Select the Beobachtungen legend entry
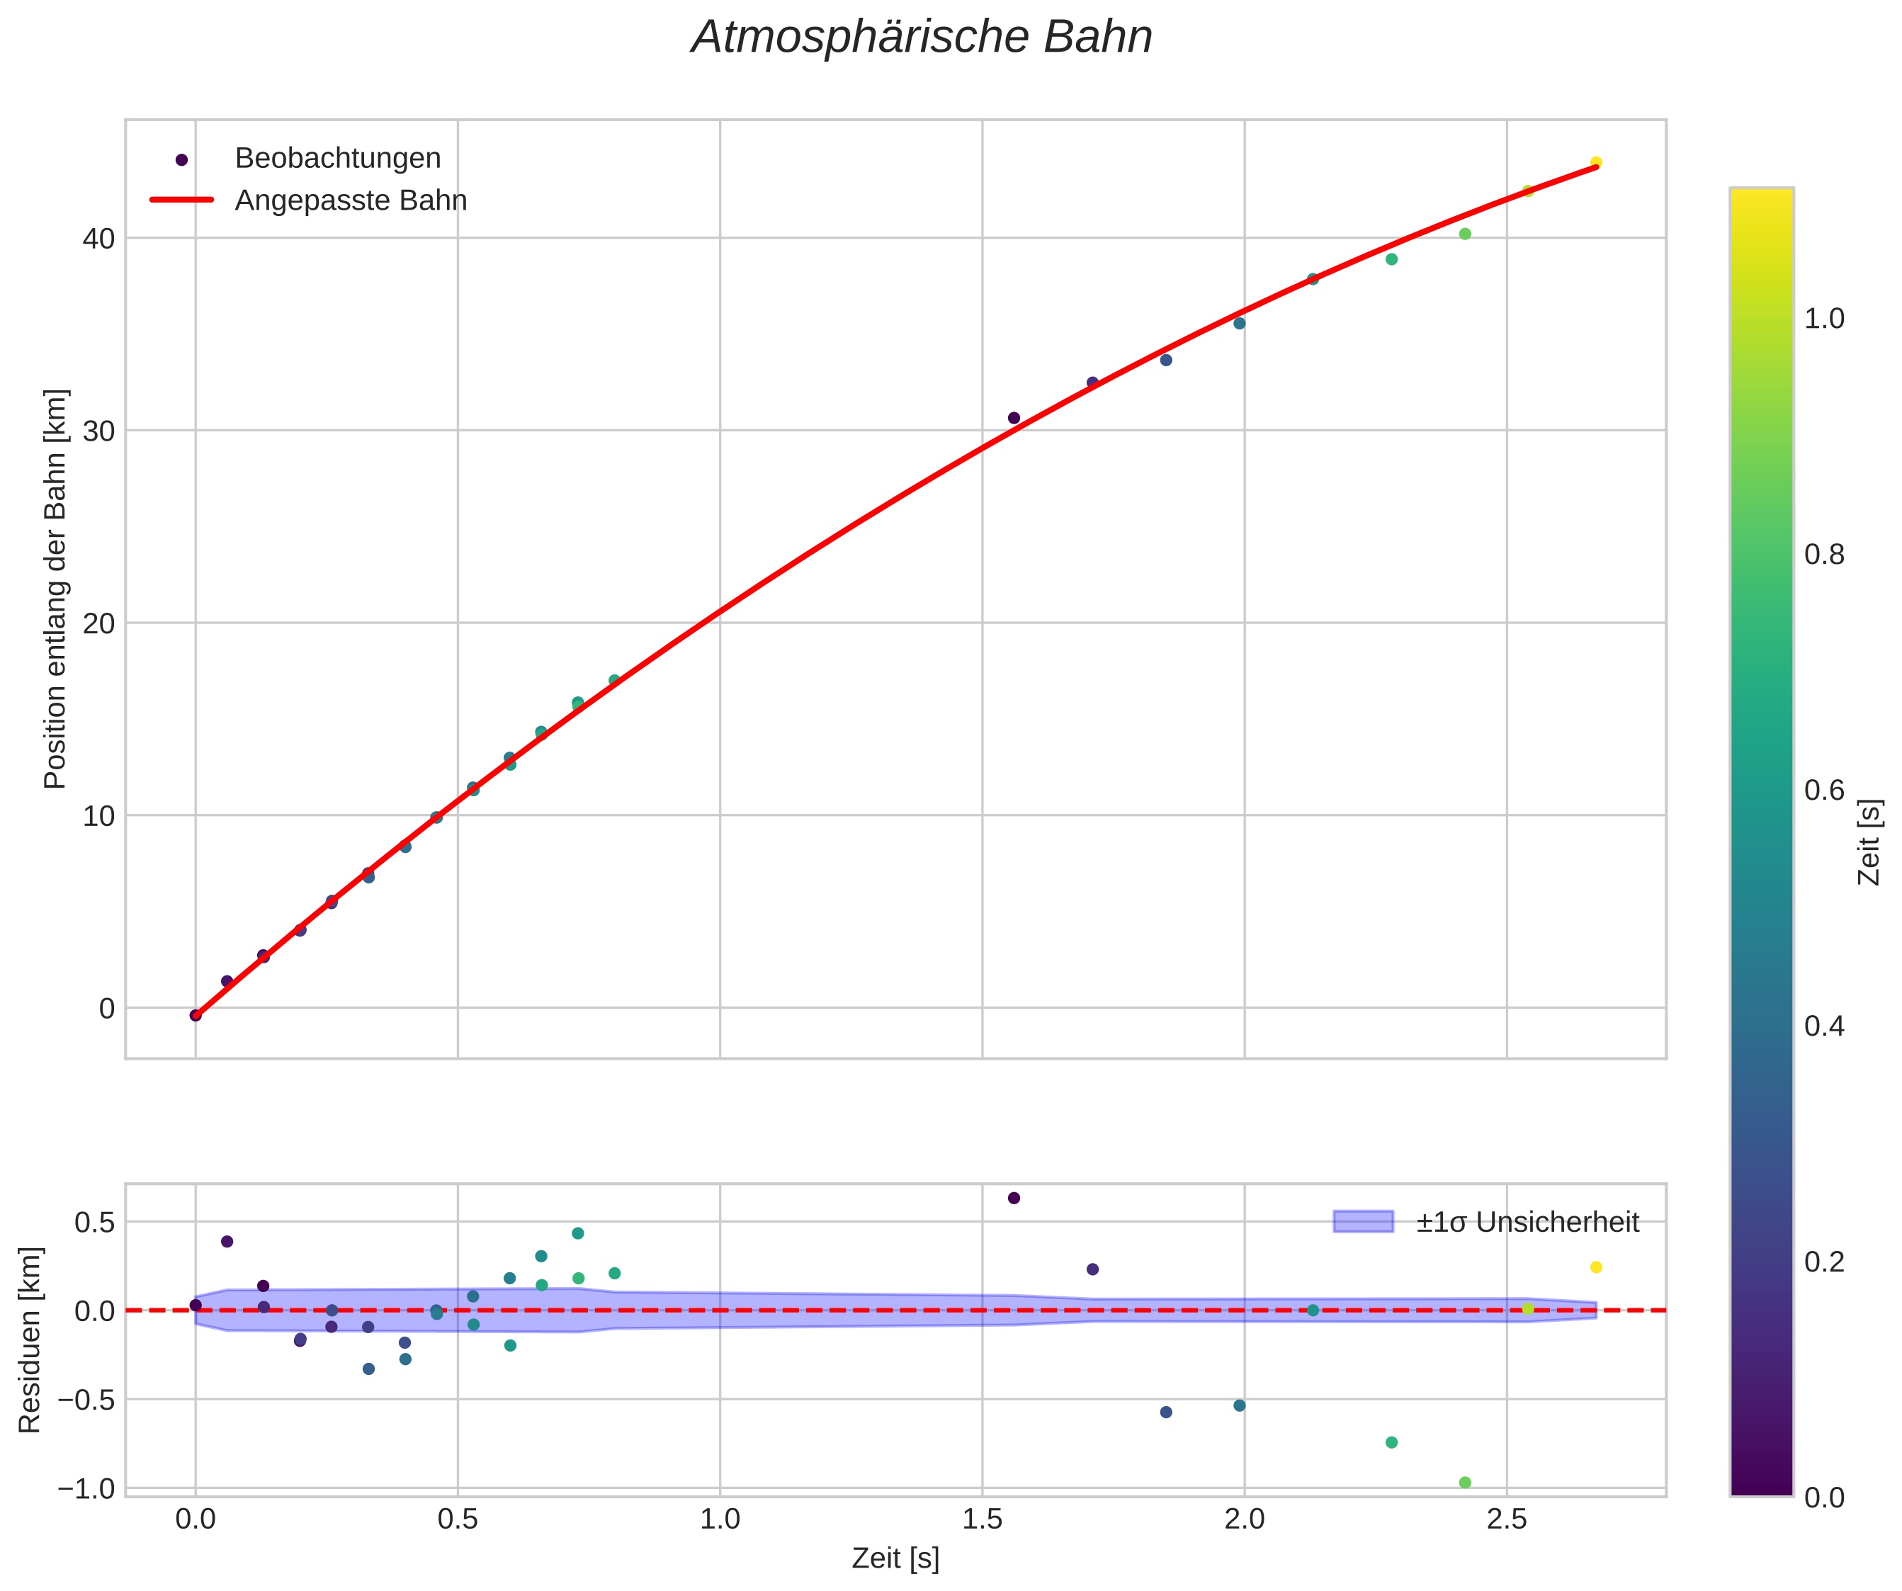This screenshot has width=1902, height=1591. [337, 159]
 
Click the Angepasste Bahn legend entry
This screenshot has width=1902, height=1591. [351, 200]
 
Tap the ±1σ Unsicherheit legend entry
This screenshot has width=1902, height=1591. [1527, 1223]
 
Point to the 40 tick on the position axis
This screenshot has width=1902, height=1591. [100, 239]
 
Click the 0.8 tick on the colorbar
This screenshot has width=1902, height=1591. [1824, 554]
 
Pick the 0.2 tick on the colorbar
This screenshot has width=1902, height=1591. [1824, 1262]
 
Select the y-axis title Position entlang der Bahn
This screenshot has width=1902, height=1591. [55, 589]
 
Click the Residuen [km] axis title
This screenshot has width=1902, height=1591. [30, 1340]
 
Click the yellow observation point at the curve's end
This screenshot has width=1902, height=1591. [1596, 163]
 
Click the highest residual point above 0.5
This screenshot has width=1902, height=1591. [1014, 1198]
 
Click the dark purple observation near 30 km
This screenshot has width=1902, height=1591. [1014, 419]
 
